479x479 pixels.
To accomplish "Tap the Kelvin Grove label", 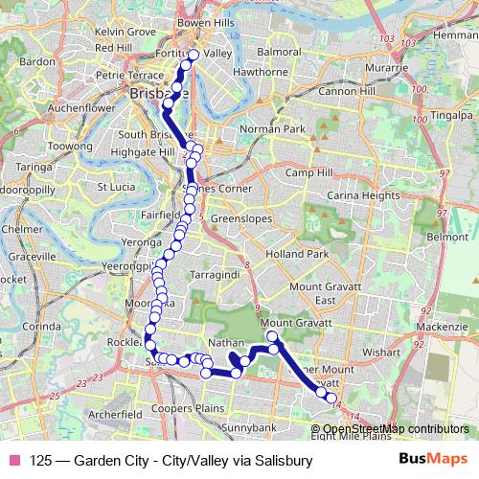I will point(125,32).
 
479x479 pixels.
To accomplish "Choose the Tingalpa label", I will point(451,115).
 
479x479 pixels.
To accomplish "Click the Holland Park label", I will point(297,254).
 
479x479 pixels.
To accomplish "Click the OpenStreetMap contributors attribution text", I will point(395,428).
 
